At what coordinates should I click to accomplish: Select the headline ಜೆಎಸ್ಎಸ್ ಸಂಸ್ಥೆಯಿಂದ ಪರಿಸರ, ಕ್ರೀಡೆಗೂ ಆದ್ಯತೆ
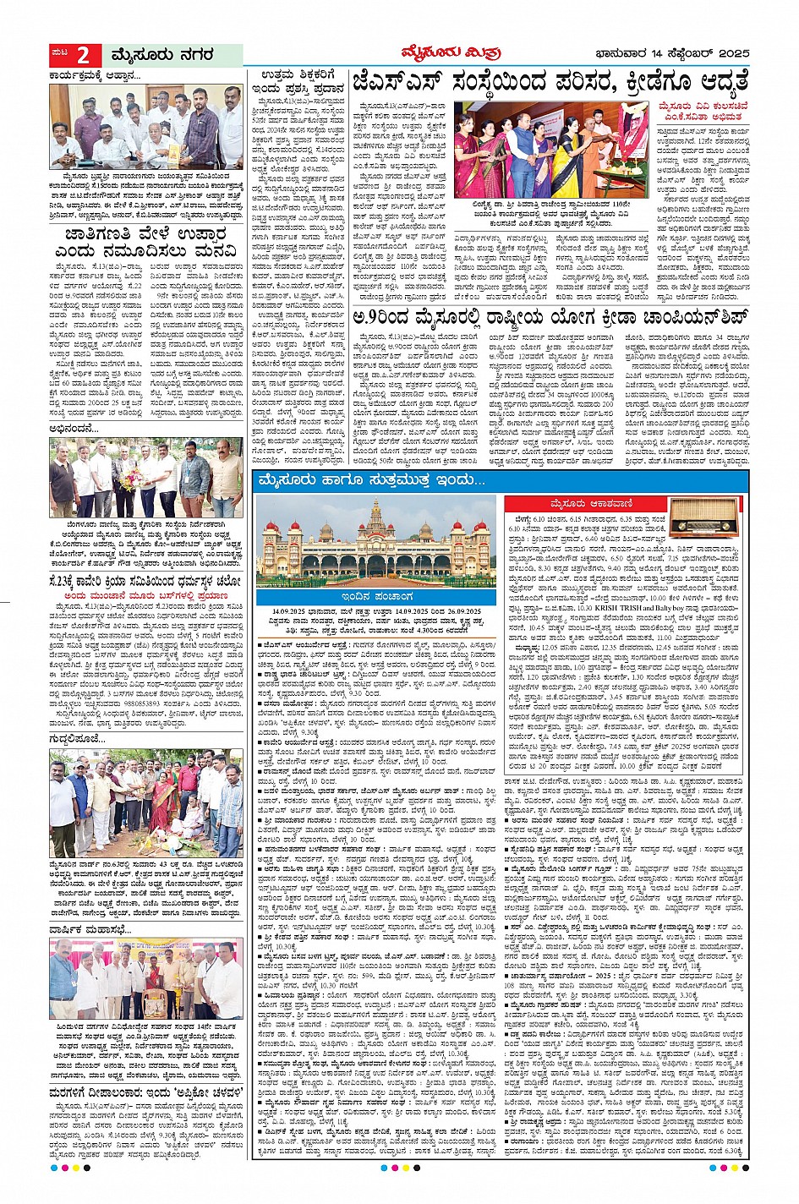(x=550, y=84)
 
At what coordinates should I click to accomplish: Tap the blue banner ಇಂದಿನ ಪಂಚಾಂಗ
(x=376, y=597)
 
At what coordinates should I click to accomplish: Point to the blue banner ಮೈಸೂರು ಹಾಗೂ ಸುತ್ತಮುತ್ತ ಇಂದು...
(x=373, y=481)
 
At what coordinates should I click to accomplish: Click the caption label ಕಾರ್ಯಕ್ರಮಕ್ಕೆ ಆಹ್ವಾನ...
(x=96, y=75)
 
